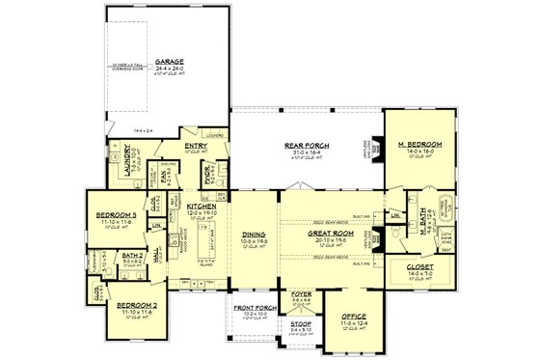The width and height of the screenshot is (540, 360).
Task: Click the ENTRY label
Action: pos(196,148)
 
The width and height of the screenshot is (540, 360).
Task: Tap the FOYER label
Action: pos(299,298)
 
